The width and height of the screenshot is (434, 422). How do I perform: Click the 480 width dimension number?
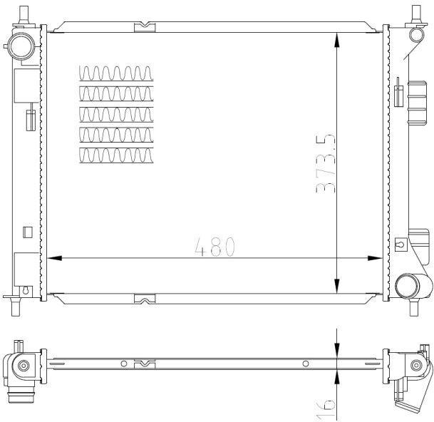[x=215, y=247]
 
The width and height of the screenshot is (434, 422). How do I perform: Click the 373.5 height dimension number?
[x=326, y=163]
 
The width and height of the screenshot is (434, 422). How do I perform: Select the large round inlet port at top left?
[x=21, y=46]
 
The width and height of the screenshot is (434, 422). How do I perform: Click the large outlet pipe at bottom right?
[x=413, y=286]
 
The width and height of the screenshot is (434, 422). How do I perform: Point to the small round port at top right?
[x=416, y=35]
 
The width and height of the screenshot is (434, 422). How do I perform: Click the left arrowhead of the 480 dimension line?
[x=54, y=258]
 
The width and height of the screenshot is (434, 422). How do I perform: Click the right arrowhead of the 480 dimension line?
[x=375, y=258]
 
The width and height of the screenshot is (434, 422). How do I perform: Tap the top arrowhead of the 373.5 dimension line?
[x=336, y=40]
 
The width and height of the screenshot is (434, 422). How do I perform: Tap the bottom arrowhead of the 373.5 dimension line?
[x=336, y=285]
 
